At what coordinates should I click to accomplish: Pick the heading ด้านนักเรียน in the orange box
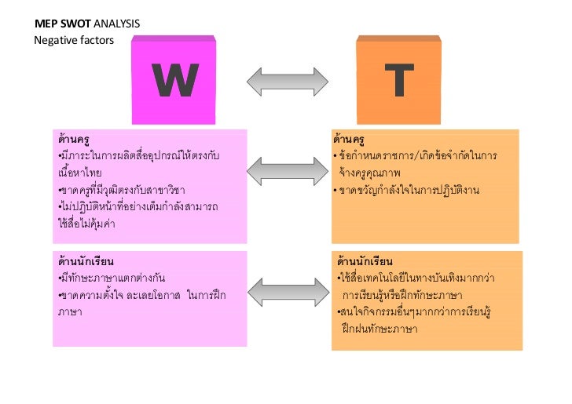[x=365, y=260]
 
